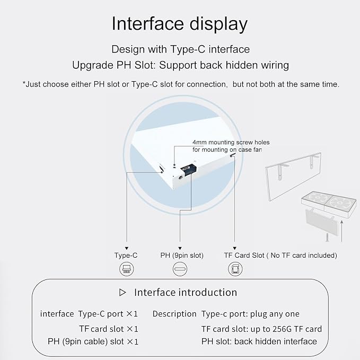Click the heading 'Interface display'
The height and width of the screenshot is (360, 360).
(179, 24)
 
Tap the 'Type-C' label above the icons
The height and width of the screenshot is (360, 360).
(126, 256)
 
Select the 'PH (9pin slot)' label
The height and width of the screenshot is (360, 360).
(182, 256)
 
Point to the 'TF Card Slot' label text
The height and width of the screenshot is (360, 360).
(244, 256)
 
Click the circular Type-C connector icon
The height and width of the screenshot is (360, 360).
(127, 269)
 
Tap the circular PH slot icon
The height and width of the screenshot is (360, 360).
(180, 269)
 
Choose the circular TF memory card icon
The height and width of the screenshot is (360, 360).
(235, 269)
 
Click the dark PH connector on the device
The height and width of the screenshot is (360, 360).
(189, 170)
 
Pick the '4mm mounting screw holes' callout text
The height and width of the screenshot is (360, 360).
(231, 142)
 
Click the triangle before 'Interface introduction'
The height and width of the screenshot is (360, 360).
(122, 293)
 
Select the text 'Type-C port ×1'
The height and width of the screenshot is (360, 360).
(108, 314)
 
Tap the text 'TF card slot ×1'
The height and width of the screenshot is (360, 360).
(109, 329)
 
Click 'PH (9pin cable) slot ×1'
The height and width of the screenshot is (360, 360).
(93, 341)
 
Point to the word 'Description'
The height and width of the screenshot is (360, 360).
(174, 314)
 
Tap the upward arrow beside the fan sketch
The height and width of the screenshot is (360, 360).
(342, 231)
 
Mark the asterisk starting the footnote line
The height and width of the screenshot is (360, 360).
(24, 83)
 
